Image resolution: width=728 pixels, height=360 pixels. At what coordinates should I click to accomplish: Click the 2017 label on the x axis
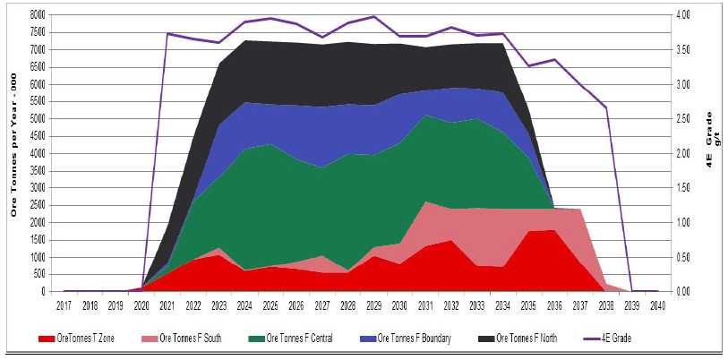pos(64,305)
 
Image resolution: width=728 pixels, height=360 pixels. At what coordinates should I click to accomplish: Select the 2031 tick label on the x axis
pos(426,305)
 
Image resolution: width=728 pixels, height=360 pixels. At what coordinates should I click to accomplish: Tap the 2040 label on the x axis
pos(658,305)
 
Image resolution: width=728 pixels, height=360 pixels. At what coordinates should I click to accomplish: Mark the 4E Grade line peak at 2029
pos(374,17)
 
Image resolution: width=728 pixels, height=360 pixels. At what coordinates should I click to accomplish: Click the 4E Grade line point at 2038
pos(606,108)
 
